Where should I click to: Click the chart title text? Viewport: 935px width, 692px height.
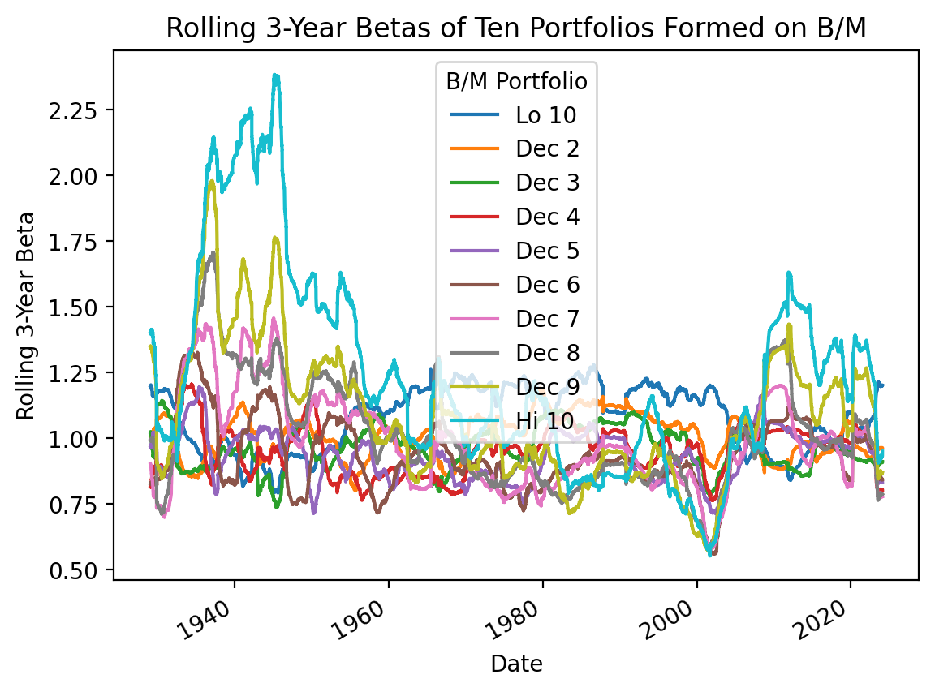coord(516,28)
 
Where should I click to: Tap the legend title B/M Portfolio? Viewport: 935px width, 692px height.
coord(517,81)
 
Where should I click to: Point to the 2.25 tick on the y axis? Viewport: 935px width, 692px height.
coord(80,110)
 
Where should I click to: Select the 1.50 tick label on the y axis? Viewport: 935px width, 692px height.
coord(80,307)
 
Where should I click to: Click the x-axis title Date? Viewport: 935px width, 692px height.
coord(516,664)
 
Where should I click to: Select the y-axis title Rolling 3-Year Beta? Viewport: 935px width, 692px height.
coord(27,316)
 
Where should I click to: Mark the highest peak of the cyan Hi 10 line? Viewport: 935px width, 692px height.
coord(276,75)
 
